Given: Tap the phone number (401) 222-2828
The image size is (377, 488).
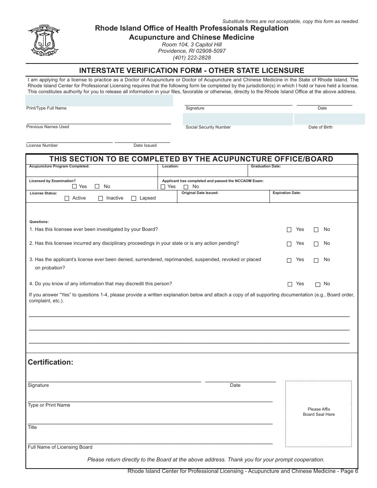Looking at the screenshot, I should coord(192,58).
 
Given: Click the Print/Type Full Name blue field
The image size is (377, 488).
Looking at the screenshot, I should coord(99,100).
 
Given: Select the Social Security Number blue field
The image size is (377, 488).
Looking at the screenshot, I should coord(238,119).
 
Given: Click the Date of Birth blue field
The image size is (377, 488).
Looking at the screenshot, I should coord(329,119).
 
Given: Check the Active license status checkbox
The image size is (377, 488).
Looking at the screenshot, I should coord(67,198).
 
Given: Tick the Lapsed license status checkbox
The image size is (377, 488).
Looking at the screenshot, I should coord(134,198).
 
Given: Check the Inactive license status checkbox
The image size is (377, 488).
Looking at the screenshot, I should coord(101,198).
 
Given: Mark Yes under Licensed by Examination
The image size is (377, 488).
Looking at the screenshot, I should coord(75,186).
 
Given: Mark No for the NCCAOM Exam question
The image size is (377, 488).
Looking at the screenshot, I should coord(186,187).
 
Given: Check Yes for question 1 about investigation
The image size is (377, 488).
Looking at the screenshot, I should coord(289,230).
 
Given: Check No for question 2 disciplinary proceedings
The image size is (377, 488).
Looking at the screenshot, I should coord(316,244).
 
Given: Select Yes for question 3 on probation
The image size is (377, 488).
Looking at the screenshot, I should coord(289,260).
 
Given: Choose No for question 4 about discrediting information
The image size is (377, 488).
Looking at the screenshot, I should coord(318,284).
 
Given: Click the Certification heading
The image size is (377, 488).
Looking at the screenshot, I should coord(50,362).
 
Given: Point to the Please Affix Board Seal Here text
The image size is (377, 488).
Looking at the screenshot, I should coord(319,412).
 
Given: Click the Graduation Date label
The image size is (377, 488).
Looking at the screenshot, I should coord(265,167).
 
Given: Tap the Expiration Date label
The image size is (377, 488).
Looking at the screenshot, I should coord(287,193).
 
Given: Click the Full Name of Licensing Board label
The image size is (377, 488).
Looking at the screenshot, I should coord(60,447).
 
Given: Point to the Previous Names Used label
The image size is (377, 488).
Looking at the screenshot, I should coord(48,127).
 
